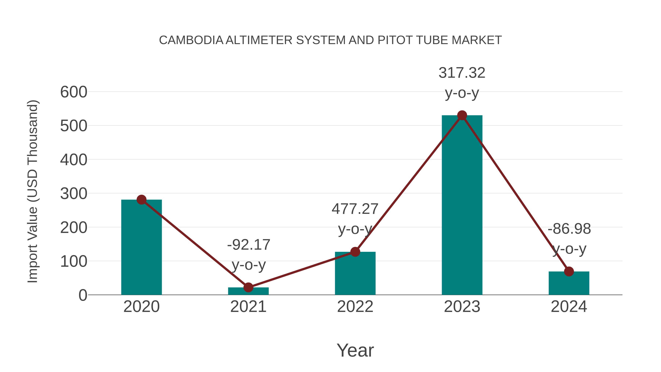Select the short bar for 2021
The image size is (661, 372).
(x=248, y=291)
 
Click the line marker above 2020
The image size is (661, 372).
(x=141, y=200)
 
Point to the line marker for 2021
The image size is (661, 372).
(x=248, y=287)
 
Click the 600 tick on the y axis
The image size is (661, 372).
(x=74, y=92)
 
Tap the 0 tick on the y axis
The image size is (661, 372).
(x=83, y=295)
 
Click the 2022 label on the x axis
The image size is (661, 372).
(x=355, y=307)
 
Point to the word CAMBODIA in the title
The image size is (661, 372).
(x=191, y=40)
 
